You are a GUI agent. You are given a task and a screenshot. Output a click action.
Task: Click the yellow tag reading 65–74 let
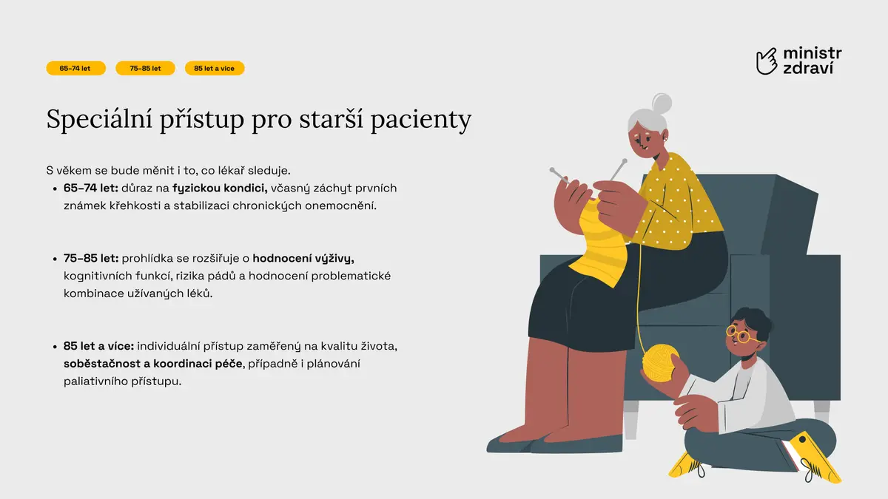[x=75, y=68]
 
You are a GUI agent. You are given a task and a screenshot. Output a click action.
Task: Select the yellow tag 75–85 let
[x=145, y=68]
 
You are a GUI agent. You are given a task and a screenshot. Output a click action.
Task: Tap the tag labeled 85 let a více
[x=215, y=68]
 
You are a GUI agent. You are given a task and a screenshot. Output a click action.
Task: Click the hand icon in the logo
[x=767, y=61]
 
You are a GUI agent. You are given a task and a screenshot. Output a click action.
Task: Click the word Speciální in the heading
[x=99, y=119]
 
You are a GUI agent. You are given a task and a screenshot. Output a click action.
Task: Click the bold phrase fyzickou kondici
[x=220, y=188]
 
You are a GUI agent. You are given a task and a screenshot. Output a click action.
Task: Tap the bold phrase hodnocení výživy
[x=303, y=259]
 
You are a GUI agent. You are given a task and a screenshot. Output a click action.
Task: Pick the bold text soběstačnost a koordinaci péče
[x=153, y=364]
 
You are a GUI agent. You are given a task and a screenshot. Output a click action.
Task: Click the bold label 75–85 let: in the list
[x=91, y=259]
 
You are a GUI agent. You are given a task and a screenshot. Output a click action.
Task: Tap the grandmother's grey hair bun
[x=662, y=103]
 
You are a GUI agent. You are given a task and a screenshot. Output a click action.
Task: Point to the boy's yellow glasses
[x=740, y=335]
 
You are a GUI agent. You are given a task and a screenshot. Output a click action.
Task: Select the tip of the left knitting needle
[x=552, y=170]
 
